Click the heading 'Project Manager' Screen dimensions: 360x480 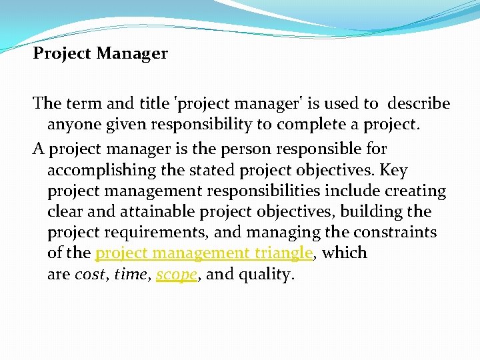point(101,53)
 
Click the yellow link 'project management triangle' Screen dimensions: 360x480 point(204,253)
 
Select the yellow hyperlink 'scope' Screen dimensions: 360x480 point(177,275)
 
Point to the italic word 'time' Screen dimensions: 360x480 point(131,275)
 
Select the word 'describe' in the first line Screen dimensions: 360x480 point(419,104)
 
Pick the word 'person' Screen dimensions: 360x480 point(248,149)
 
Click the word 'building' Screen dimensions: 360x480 point(373,212)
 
